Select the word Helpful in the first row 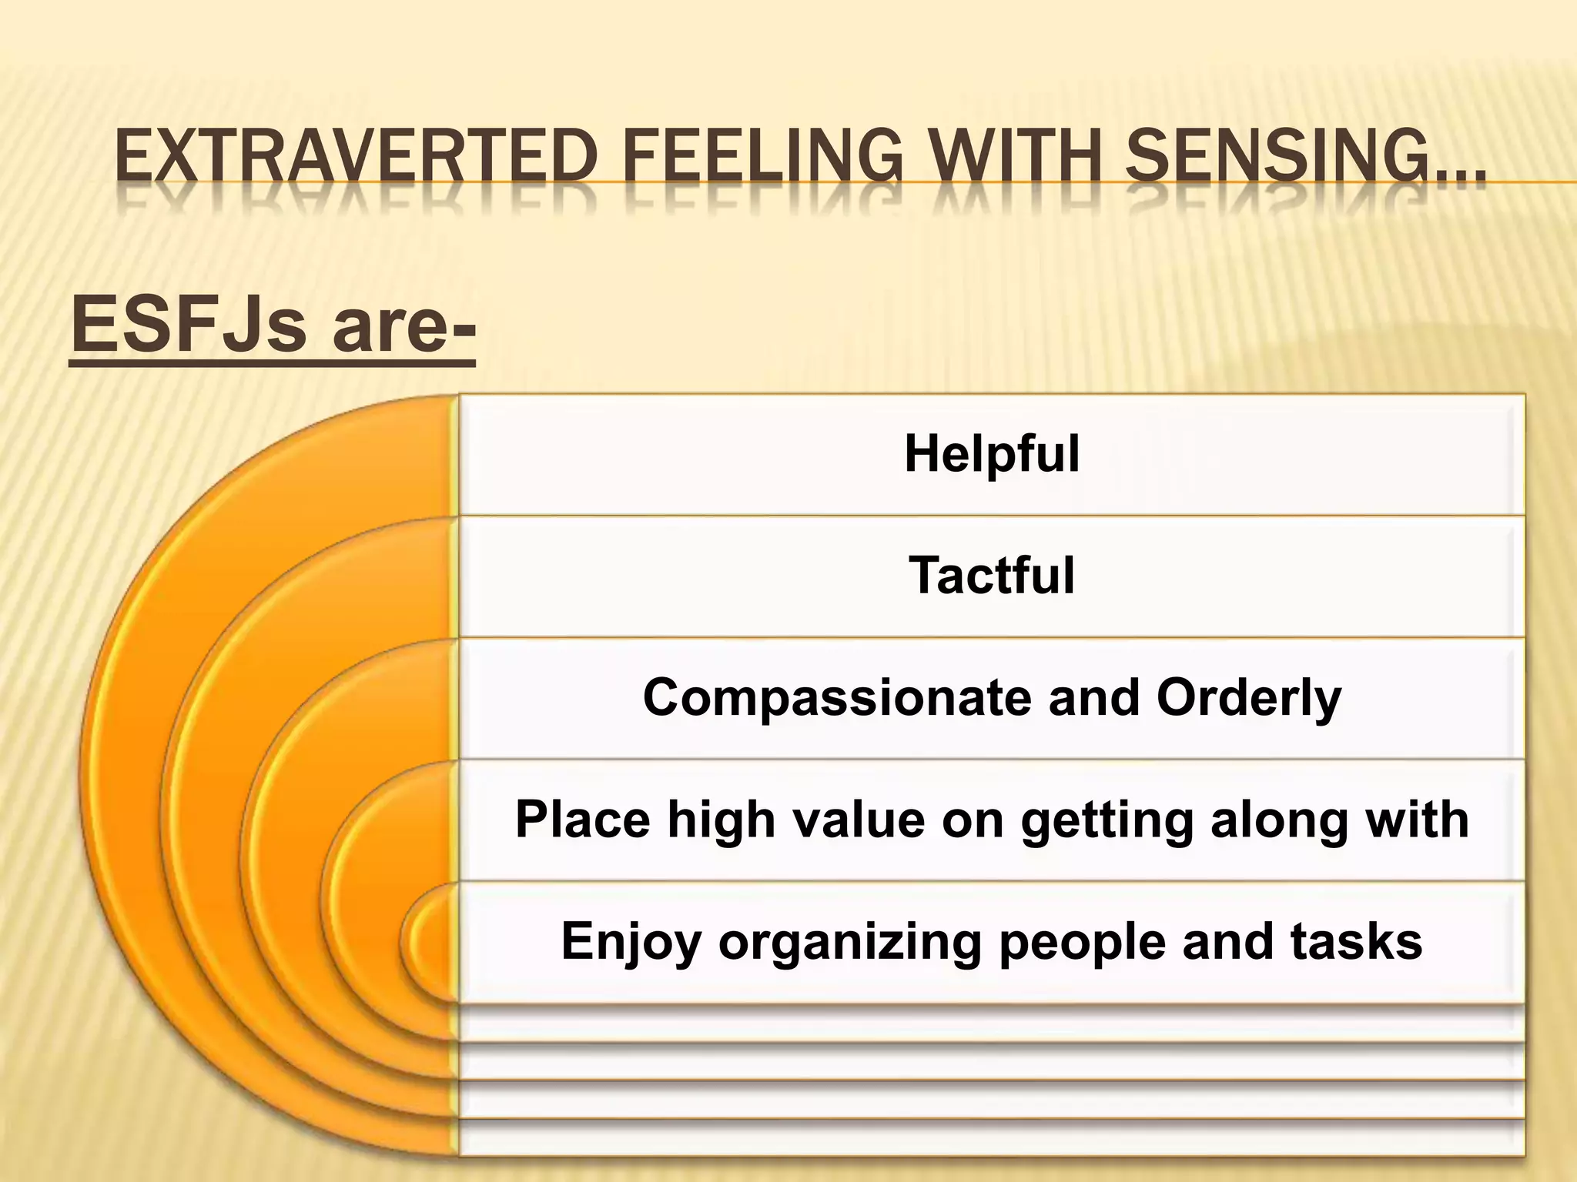pyautogui.click(x=992, y=454)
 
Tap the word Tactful pyautogui.click(x=992, y=576)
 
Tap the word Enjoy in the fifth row pyautogui.click(x=631, y=942)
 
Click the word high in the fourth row pyautogui.click(x=721, y=820)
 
